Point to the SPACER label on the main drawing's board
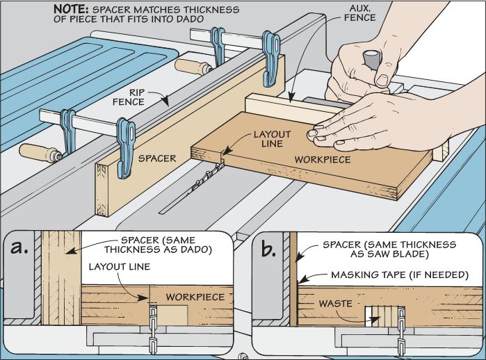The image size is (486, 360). point(156,158)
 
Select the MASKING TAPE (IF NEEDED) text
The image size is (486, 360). point(396,276)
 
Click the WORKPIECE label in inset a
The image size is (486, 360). point(195,297)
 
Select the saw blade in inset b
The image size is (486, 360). point(400,327)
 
